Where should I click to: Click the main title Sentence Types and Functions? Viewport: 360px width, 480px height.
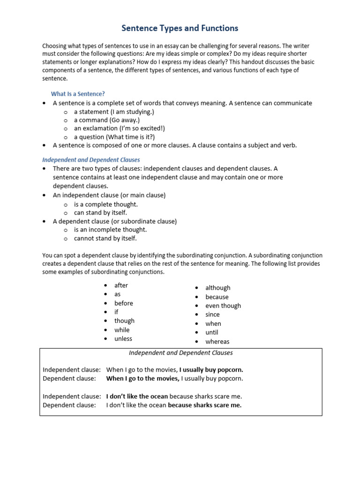pos(180,29)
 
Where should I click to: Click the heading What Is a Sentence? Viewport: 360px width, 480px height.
pos(78,94)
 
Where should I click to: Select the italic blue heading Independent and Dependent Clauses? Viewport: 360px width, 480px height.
pos(91,160)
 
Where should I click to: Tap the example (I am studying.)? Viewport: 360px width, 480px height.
pos(132,112)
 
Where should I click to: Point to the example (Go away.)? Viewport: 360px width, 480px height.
pos(124,120)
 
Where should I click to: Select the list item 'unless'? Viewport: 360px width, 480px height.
pos(123,338)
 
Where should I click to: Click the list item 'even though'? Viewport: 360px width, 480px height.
pos(223,306)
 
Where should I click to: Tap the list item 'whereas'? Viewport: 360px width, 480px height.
pos(217,342)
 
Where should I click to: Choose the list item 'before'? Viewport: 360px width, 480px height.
pos(124,303)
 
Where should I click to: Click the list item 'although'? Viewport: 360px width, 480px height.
pos(218,288)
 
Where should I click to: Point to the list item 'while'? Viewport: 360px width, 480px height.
pos(122,330)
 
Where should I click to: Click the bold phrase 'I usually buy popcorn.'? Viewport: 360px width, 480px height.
pos(211,369)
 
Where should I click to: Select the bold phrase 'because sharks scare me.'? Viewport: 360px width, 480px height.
pos(205,405)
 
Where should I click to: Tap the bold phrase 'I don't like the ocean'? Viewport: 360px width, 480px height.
pos(137,397)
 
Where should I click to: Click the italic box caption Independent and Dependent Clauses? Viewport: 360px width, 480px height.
pos(181,353)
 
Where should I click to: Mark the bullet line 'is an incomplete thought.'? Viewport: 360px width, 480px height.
pos(111,230)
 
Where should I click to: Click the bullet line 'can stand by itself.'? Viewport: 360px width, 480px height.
pos(100,213)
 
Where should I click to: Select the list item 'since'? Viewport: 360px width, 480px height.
pos(212,315)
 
